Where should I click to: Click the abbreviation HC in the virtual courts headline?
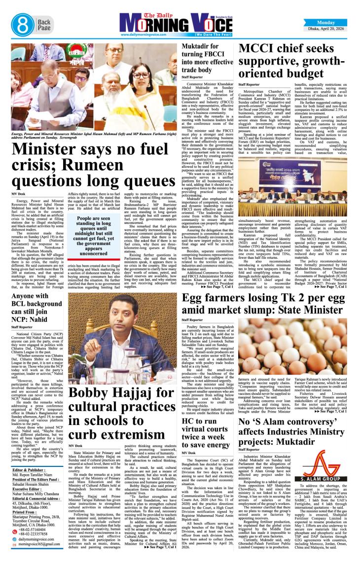pyautogui.click(x=189, y=421)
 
